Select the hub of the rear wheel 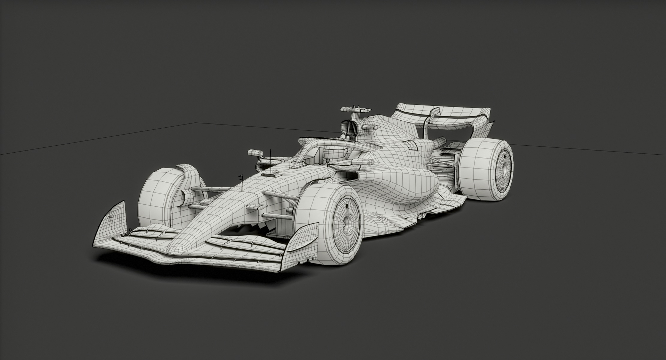point(503,169)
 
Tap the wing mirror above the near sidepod point(363,162)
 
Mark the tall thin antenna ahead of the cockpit point(270,158)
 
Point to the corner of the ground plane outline point(195,123)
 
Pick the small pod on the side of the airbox point(370,127)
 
